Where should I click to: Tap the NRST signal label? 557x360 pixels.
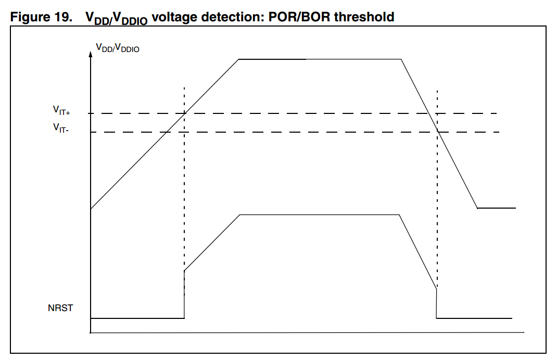point(60,308)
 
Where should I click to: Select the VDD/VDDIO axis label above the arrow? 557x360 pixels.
point(117,48)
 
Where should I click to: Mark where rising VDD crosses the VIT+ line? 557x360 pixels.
point(184,113)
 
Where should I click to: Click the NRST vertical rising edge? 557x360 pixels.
point(184,294)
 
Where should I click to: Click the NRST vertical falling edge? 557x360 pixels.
point(436,303)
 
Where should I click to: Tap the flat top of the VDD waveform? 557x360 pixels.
point(319,59)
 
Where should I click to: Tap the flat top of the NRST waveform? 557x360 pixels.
point(319,214)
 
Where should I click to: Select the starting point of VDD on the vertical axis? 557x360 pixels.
point(91,209)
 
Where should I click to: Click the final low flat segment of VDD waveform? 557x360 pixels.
point(497,208)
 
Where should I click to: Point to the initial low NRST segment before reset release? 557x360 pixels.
point(137,317)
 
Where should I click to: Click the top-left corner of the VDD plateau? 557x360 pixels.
point(238,59)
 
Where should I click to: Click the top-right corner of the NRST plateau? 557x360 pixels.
point(399,214)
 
